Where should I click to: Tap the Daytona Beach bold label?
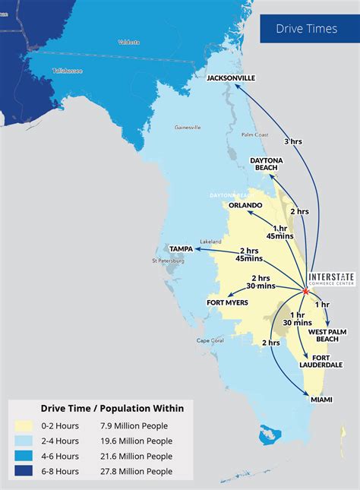pyautogui.click(x=267, y=163)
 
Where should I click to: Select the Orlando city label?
pyautogui.click(x=246, y=205)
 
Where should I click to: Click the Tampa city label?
pyautogui.click(x=180, y=248)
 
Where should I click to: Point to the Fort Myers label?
pyautogui.click(x=227, y=302)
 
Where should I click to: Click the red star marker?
pyautogui.click(x=305, y=290)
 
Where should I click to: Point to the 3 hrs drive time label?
pyautogui.click(x=292, y=141)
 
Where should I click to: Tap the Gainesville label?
pyautogui.click(x=188, y=128)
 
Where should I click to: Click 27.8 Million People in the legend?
pyautogui.click(x=137, y=471)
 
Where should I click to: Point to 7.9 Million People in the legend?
pyautogui.click(x=134, y=425)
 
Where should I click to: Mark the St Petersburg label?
pyautogui.click(x=169, y=261)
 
